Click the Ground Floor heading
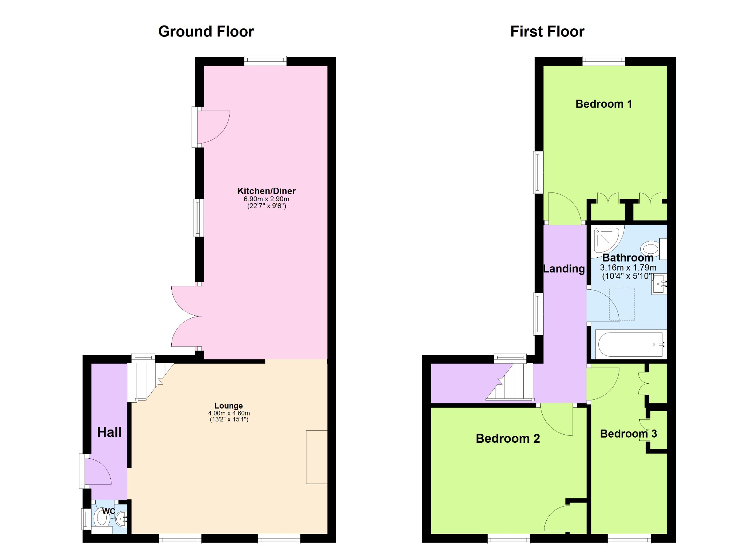[206, 32]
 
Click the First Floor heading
[547, 32]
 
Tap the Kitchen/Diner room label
[267, 191]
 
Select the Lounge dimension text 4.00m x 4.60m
[229, 413]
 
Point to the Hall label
[109, 432]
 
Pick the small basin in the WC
[121, 520]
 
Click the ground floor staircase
[150, 382]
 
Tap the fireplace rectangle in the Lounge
[317, 457]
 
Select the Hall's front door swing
[98, 471]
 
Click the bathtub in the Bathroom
[631, 344]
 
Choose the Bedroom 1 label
[604, 104]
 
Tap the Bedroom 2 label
[508, 438]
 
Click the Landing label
[564, 269]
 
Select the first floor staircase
[510, 382]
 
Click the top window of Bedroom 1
[604, 61]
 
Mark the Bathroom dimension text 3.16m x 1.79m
[628, 268]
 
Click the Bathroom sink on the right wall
[659, 284]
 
